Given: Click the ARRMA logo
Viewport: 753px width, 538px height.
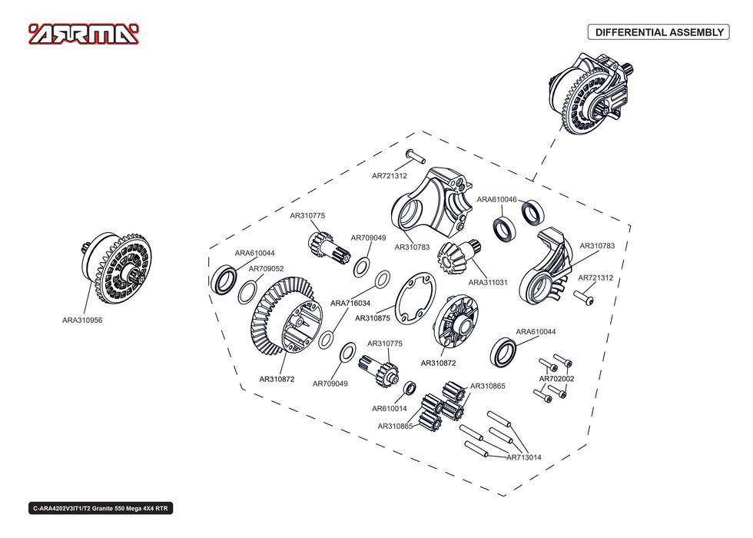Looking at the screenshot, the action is (84, 34).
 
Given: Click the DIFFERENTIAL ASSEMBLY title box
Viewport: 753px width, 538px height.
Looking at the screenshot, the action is (659, 32).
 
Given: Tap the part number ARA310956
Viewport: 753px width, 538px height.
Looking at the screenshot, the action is (82, 320).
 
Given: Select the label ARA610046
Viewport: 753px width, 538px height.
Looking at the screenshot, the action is (496, 199).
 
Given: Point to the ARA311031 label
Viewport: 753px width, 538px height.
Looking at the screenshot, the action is (488, 283).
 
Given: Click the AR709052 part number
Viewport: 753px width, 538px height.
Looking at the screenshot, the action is (266, 268).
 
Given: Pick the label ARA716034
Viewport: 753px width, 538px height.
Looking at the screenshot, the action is (350, 303).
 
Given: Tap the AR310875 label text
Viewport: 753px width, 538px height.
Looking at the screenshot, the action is (373, 318).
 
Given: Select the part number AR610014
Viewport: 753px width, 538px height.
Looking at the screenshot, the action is (390, 408).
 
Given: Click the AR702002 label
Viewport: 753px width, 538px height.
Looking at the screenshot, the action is (556, 378).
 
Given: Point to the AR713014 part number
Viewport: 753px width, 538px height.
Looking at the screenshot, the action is (524, 457).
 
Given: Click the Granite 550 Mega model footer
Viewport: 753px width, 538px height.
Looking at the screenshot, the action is (101, 508).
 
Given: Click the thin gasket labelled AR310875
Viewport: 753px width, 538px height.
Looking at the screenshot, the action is (416, 298).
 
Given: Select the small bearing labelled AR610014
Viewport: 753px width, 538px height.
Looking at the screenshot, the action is (410, 387).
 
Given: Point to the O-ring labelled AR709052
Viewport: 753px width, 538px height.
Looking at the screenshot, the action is (247, 292).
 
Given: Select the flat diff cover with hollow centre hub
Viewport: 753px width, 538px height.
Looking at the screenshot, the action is (456, 322).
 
